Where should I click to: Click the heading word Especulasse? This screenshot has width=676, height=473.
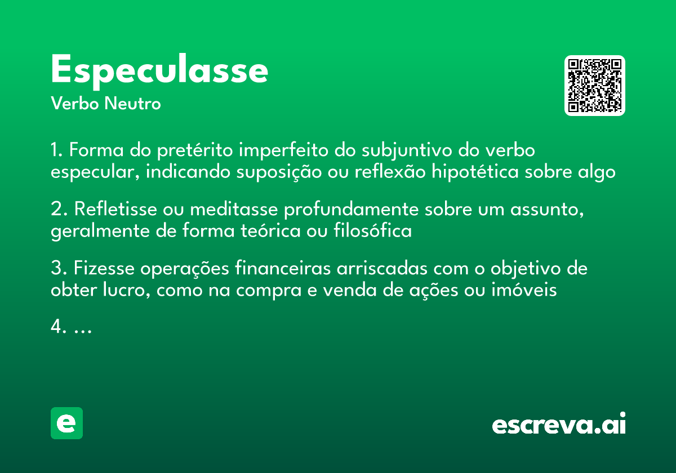click(159, 70)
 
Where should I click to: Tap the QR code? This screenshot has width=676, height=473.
click(595, 86)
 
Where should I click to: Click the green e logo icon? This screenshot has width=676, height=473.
click(66, 423)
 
